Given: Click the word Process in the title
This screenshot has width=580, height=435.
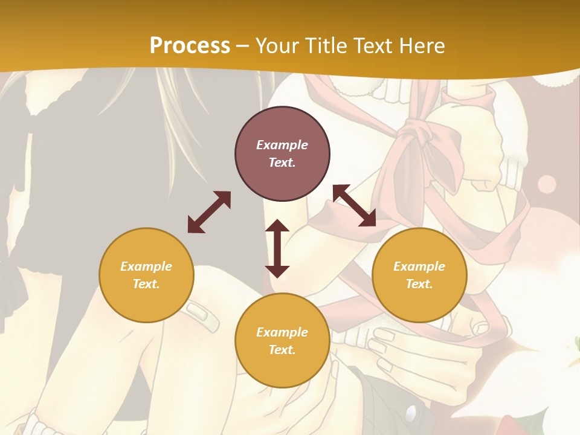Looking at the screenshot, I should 190,46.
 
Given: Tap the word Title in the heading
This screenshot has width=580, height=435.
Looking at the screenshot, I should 326,46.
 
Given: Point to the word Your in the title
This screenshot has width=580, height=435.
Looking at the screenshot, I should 277,46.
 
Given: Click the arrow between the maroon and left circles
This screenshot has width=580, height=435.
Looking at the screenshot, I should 209,212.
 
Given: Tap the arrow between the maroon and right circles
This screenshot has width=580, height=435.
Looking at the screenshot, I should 354,205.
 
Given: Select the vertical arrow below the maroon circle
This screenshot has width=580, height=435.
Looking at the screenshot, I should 277,248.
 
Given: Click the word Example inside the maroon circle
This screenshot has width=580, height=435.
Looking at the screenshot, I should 282,145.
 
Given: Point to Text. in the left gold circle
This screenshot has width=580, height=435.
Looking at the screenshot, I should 146,284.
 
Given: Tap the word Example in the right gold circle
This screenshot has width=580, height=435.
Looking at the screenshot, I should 419,266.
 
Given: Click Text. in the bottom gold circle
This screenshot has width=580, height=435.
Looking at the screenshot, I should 282,350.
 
